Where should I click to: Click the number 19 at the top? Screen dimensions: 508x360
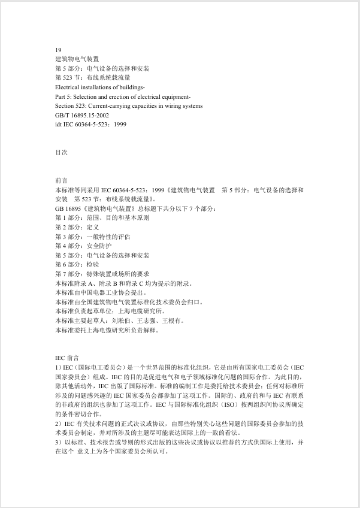coord(58,50)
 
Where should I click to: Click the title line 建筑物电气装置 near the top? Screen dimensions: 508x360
coord(77,59)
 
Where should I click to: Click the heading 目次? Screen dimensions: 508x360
coord(61,153)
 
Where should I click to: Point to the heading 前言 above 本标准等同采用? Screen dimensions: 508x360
coord(61,180)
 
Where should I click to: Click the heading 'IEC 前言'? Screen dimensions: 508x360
coord(66,357)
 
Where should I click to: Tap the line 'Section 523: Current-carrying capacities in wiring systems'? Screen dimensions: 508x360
coord(128,105)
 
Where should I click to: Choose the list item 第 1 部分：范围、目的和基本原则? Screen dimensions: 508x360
coord(102,217)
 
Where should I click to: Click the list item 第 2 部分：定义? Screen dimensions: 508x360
coord(77,227)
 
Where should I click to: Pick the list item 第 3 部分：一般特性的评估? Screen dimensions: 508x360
coord(92,236)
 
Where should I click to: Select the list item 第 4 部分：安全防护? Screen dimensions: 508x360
coord(83,246)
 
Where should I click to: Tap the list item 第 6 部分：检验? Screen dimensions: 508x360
coord(77,264)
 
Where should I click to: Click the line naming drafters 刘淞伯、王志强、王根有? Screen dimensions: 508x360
coord(119,320)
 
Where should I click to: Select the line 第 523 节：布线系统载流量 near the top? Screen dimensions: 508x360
coord(92,78)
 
